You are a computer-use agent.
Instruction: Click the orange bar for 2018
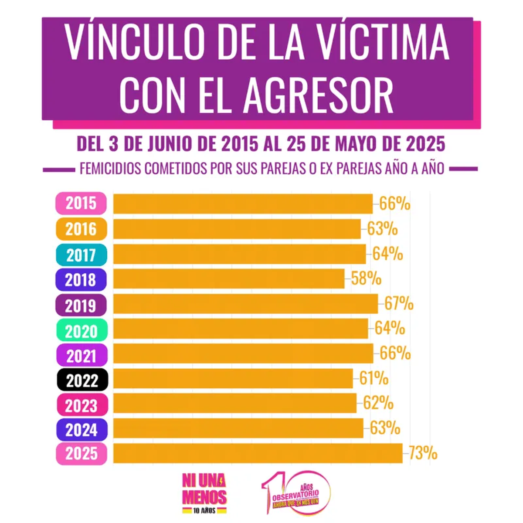[x=229, y=279]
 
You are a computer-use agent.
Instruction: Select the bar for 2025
[x=258, y=454]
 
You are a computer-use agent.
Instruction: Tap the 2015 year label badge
[x=81, y=203]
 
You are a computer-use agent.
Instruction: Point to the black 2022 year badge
[x=82, y=380]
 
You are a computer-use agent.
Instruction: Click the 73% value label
[x=423, y=454]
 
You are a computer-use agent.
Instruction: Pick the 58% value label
[x=367, y=279]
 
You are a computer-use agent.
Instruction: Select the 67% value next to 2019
[x=399, y=304]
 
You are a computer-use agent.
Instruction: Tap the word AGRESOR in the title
[x=319, y=95]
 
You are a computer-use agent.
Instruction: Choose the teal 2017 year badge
[x=82, y=255]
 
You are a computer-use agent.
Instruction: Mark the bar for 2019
[x=245, y=304]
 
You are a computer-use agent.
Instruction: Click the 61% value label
[x=374, y=379]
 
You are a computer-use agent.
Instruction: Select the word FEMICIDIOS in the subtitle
[x=111, y=169]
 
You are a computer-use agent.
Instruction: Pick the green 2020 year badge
[x=82, y=330]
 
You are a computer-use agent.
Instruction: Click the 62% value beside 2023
[x=378, y=404]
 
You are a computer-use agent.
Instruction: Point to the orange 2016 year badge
[x=81, y=229]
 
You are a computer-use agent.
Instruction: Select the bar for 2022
[x=233, y=379]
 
